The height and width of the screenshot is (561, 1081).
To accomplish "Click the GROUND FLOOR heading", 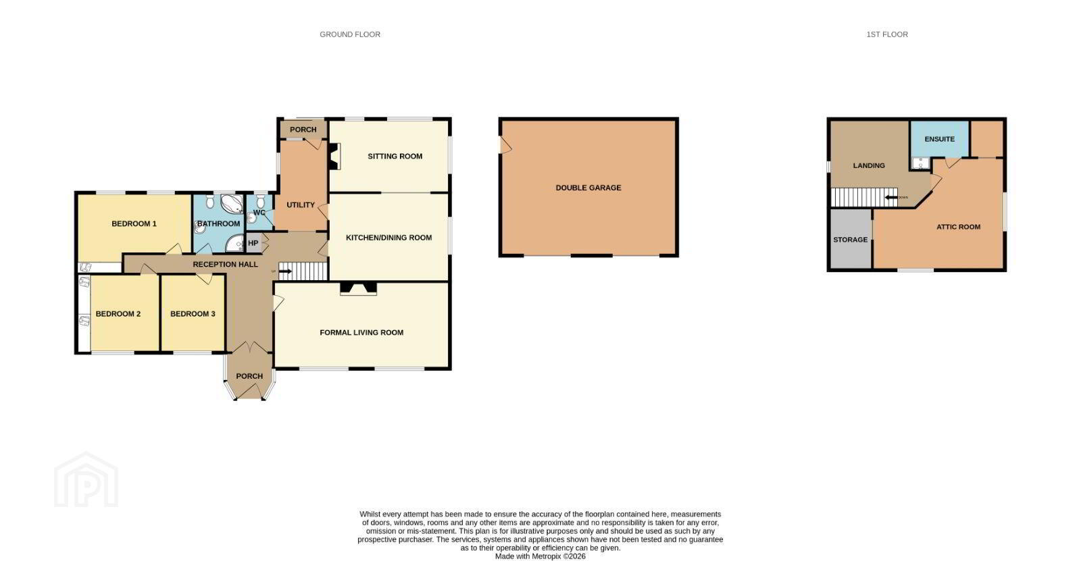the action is point(350,34).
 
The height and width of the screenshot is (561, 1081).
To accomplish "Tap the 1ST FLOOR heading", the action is point(887,34).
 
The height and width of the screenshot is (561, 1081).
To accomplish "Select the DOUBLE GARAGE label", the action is point(588,188).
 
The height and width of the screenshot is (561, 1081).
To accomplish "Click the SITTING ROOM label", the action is point(395,157).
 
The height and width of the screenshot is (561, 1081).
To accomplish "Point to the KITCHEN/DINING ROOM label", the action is point(388,238).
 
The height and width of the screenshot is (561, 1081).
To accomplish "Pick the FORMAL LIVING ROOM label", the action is point(361,332).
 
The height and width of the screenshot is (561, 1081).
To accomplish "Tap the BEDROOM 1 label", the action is point(134,224).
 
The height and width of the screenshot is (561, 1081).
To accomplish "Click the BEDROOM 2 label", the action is point(118,314).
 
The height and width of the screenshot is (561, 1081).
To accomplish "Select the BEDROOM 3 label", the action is point(193,314).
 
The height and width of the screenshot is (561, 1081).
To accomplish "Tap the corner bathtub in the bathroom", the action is point(232,204).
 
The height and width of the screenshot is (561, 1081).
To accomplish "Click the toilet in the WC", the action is point(261,201).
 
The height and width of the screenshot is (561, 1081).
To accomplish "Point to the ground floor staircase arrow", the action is point(285,271).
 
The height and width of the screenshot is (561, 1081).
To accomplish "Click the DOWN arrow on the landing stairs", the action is point(891,197).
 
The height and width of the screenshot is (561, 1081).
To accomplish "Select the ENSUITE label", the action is point(940,139).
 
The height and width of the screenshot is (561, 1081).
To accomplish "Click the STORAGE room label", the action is point(851,240).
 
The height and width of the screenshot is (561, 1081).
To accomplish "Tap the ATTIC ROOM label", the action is point(959,227).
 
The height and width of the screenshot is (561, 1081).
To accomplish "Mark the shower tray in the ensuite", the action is point(921,163).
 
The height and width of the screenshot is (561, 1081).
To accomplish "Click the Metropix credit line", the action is point(540,556).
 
